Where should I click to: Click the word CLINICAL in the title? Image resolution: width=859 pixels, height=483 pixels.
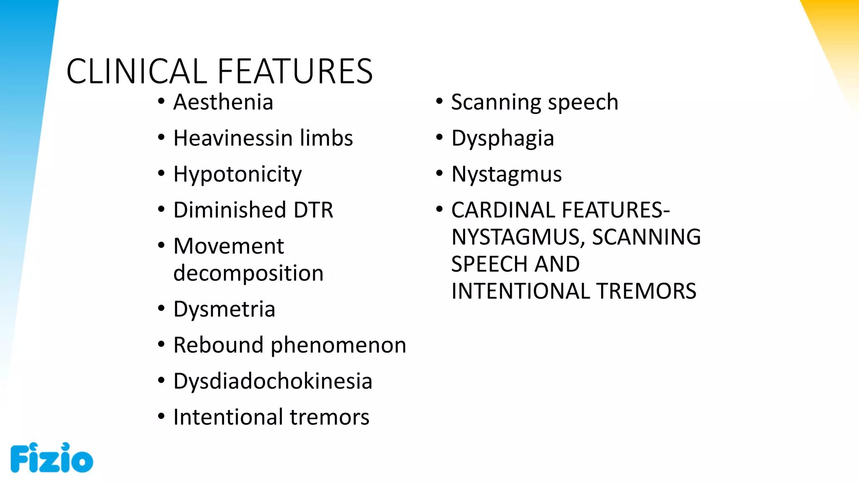point(136,71)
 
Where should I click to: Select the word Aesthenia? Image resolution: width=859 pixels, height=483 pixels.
point(223,102)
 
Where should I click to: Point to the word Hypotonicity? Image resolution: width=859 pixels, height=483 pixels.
point(237,174)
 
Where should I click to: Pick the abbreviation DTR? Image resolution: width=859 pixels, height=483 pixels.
point(313,210)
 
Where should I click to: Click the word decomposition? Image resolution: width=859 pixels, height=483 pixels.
point(248,273)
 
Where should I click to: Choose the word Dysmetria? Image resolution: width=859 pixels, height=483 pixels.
point(224,309)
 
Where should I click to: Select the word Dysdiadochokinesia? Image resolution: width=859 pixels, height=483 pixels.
point(273,382)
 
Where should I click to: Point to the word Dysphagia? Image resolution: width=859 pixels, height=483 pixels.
point(502,138)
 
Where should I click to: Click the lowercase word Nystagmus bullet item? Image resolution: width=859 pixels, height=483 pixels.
point(506,174)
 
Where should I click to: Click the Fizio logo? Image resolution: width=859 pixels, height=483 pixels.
point(52,458)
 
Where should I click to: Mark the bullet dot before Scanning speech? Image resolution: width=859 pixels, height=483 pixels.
point(439,101)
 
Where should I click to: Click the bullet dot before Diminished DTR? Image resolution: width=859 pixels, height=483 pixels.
point(161,209)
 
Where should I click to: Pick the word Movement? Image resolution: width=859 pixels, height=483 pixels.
point(229,246)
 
